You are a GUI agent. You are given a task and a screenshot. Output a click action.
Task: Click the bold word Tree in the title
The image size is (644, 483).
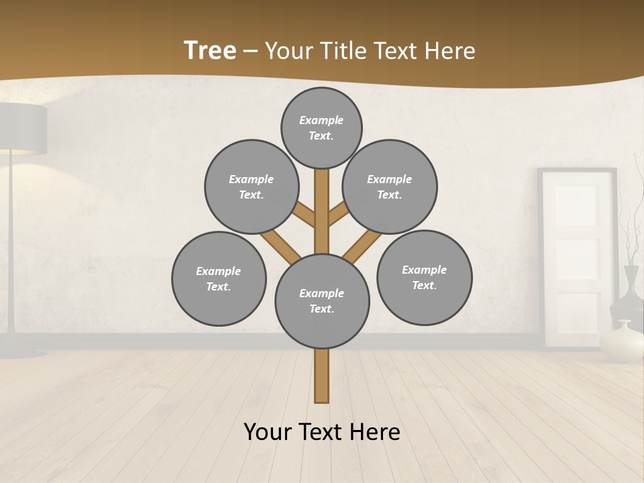(210, 50)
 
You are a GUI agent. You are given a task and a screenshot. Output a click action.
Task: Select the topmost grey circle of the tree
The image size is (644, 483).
(321, 127)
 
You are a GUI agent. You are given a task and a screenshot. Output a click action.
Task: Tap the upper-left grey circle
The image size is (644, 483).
(252, 187)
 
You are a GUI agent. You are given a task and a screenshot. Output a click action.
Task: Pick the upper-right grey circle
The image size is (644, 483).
(390, 187)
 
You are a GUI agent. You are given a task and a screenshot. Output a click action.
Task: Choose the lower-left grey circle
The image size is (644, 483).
(219, 279)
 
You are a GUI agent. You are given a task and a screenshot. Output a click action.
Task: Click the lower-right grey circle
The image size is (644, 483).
(424, 277)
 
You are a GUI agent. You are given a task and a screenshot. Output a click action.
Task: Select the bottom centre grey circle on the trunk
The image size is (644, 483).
(322, 301)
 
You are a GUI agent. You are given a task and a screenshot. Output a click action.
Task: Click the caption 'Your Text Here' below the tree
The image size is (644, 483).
(322, 431)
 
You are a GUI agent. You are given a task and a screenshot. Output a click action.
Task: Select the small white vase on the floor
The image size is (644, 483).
(621, 342)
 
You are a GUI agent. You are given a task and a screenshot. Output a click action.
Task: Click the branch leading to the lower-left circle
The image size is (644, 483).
(280, 245)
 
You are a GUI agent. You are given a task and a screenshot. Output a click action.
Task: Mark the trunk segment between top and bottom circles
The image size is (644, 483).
(322, 211)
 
